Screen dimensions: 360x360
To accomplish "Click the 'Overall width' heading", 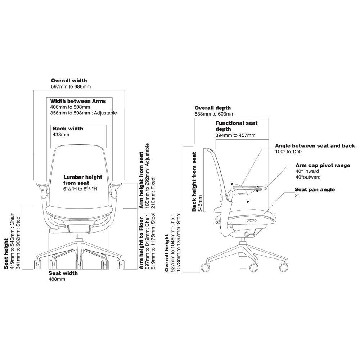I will coord(69,81).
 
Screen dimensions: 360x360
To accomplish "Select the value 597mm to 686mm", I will coord(71,86).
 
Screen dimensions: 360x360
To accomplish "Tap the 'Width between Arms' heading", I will coord(78,101).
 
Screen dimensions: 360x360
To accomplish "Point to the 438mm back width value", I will coord(60,135).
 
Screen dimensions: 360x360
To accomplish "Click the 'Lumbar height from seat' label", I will coord(83,180).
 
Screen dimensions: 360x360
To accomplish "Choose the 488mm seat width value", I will coord(57,279).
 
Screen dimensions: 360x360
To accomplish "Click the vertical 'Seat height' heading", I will coord(6,253).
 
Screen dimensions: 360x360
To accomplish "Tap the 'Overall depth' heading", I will coord(212,108).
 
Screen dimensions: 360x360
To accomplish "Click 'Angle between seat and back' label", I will coord(315,146).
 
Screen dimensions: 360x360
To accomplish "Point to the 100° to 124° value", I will coord(288,152).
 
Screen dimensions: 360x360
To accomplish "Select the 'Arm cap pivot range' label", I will coord(322,165).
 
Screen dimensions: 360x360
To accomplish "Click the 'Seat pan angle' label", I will coord(315,189).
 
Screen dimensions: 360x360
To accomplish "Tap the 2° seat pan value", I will coord(297,195).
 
